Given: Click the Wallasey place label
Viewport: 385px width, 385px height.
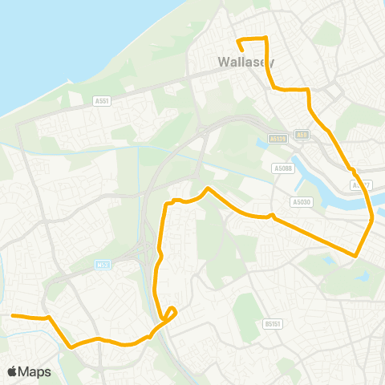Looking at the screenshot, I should pyautogui.click(x=245, y=62).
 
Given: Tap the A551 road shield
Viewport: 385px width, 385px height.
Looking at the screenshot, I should pyautogui.click(x=101, y=100).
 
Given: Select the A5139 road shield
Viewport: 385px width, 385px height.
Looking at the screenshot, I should pyautogui.click(x=278, y=139).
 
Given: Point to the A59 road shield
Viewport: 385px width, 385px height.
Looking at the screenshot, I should pyautogui.click(x=301, y=135).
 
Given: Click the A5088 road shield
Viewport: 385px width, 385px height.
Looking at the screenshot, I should pyautogui.click(x=283, y=168).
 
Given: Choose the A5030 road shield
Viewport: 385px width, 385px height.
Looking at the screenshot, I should pyautogui.click(x=302, y=201).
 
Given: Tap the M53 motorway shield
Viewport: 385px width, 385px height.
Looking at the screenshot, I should pyautogui.click(x=103, y=264).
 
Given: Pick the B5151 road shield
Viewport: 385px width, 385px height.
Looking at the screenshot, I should pyautogui.click(x=273, y=324).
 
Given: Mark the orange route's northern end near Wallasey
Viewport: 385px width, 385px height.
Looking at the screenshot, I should pyautogui.click(x=241, y=51).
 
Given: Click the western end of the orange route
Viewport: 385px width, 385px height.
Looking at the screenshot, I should pyautogui.click(x=12, y=315).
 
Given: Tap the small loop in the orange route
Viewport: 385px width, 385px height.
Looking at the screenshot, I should pyautogui.click(x=170, y=312).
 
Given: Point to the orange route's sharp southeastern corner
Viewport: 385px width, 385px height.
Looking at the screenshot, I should pyautogui.click(x=355, y=256).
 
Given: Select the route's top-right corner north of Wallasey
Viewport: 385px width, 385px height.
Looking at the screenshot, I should pyautogui.click(x=265, y=38).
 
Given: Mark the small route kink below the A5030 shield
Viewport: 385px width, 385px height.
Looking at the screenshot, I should pyautogui.click(x=273, y=216).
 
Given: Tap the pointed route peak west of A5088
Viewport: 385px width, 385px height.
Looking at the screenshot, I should pyautogui.click(x=208, y=188).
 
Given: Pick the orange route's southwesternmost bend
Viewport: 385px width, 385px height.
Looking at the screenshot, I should pyautogui.click(x=72, y=346).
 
